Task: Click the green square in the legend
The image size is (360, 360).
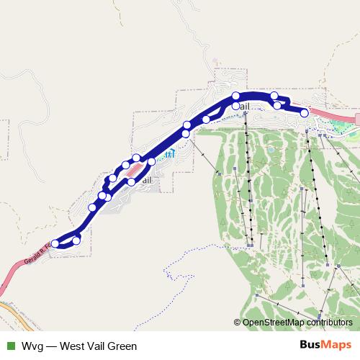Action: tap(10, 346)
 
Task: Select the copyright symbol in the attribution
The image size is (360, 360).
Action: tap(237, 322)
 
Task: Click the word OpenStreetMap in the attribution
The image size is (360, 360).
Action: tap(271, 322)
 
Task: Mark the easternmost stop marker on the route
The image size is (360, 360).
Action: tap(305, 113)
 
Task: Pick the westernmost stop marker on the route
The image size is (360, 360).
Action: tap(55, 243)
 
